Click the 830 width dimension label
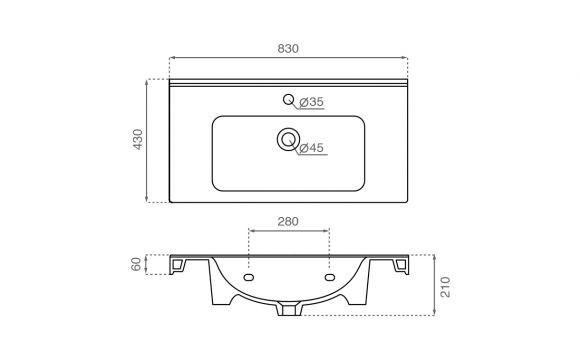(x=288, y=48)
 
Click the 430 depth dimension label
(x=138, y=139)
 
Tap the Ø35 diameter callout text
(x=311, y=102)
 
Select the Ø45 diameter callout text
(x=311, y=148)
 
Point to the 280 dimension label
(x=288, y=222)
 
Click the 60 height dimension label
(x=136, y=264)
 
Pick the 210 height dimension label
(x=446, y=286)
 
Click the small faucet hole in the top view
(x=288, y=99)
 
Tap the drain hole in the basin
(x=288, y=139)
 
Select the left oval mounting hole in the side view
(x=248, y=277)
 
